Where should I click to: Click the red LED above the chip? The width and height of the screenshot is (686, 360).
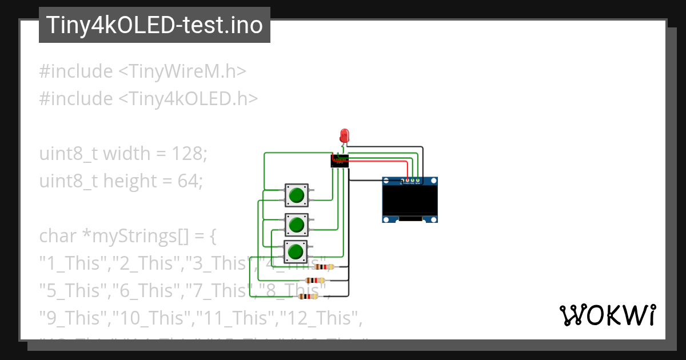[x=344, y=135]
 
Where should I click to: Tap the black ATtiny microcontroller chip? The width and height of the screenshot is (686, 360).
[x=340, y=161]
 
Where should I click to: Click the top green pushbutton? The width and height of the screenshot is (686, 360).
[x=296, y=195]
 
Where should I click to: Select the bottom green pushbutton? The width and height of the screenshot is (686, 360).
[x=296, y=251]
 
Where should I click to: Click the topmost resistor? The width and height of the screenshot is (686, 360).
[x=324, y=267]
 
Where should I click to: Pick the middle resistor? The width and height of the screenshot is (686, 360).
[x=315, y=281]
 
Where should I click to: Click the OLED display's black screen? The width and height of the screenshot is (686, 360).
[x=410, y=200]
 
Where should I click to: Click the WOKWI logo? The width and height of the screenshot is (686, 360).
[x=607, y=315]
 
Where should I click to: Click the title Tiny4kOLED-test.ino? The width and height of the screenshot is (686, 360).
[x=154, y=25]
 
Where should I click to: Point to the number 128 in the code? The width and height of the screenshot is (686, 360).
[x=189, y=154]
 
